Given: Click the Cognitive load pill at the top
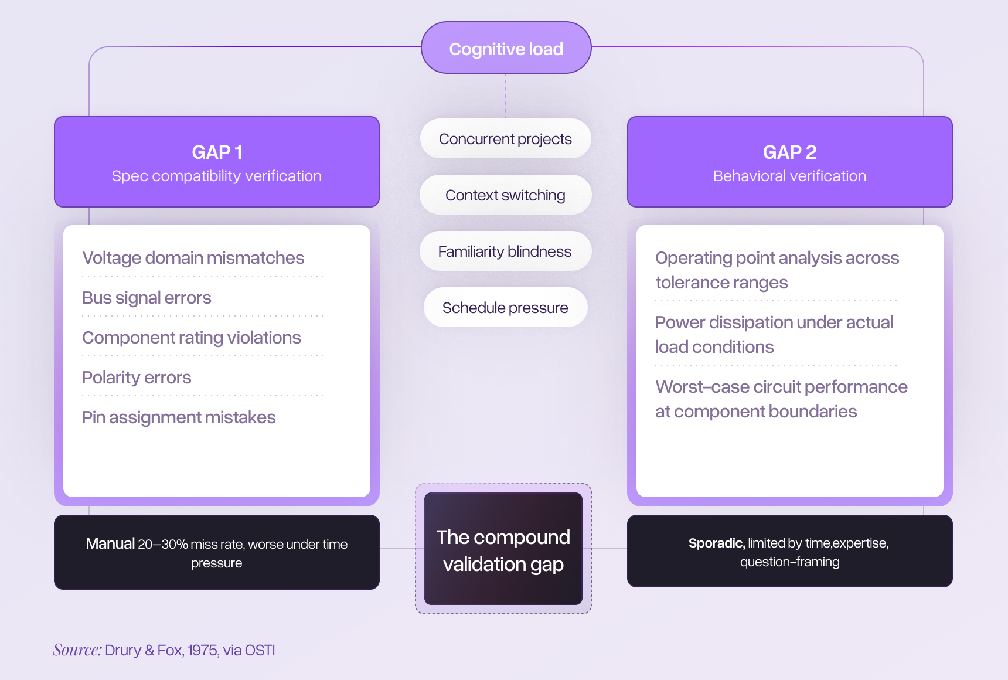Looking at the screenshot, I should point(506,49).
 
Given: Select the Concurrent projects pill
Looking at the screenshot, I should point(505,139).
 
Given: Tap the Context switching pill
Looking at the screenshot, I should point(505,195).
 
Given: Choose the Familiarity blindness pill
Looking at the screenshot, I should point(505,251).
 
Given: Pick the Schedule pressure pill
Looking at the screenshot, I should point(505,308).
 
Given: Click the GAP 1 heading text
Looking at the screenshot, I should point(217,152).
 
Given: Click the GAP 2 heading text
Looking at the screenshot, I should point(789,152).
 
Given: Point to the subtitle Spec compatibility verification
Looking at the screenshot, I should point(217,176).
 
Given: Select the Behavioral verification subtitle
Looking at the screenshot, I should point(789,176).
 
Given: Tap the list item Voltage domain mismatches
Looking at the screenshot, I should point(193,258).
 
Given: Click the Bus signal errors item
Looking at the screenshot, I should point(147,298).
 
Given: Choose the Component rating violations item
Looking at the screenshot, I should point(192,338).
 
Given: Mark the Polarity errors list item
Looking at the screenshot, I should point(137,378).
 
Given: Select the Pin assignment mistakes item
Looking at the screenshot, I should point(179,417).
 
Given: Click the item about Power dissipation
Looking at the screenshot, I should point(774,334).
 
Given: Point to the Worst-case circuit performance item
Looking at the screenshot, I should point(781,399).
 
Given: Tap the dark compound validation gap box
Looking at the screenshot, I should point(503,549).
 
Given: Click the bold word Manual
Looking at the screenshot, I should point(110,544).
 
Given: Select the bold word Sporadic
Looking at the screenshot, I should point(716,543).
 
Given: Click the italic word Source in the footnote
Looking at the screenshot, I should point(77,650).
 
